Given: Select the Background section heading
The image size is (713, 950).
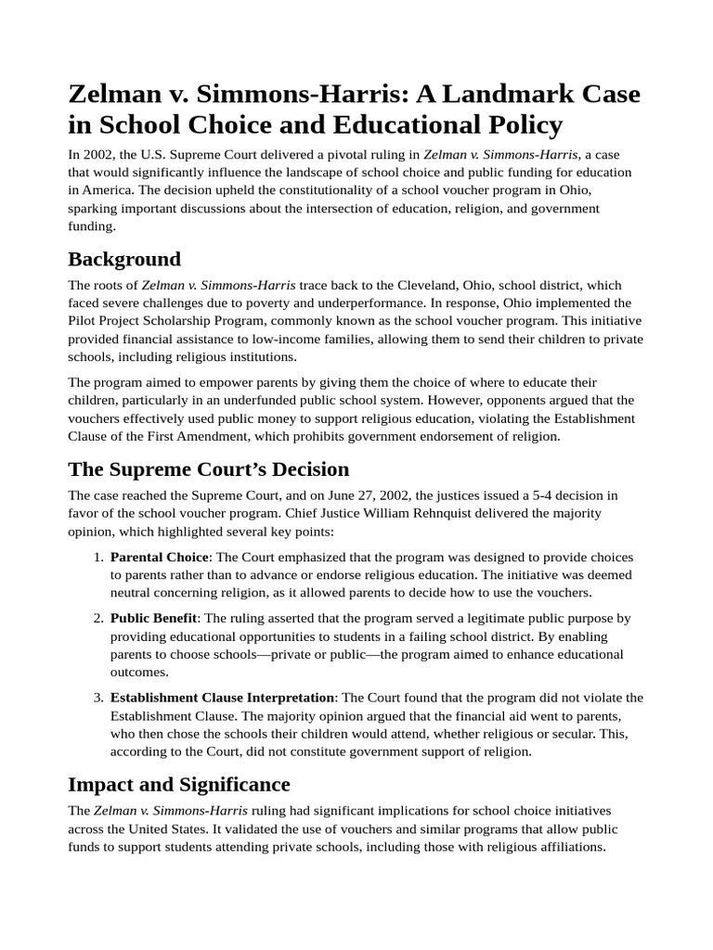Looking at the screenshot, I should pos(124,258).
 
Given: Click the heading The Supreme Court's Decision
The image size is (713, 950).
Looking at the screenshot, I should pos(208,469).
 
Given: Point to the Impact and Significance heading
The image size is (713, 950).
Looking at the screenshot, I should pos(179,784).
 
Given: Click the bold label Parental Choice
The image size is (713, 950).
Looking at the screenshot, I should pos(160,558).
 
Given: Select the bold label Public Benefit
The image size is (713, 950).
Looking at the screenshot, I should pos(153,618).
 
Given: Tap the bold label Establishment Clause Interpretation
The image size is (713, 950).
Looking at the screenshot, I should pos(222,698).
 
